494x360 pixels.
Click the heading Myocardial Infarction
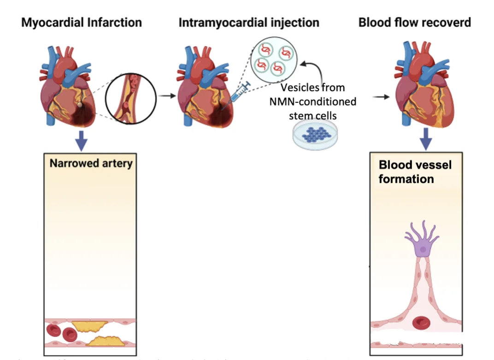pyautogui.click(x=82, y=22)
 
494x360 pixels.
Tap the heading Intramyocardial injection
pyautogui.click(x=249, y=22)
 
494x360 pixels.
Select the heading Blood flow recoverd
pyautogui.click(x=415, y=22)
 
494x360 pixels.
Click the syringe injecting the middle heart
pyautogui.click(x=238, y=93)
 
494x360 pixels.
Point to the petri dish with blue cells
pyautogui.click(x=312, y=136)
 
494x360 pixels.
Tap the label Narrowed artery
pyautogui.click(x=91, y=163)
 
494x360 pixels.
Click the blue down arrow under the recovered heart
pyautogui.click(x=426, y=138)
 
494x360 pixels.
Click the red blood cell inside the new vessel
pyautogui.click(x=421, y=322)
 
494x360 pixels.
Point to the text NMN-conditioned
pyautogui.click(x=312, y=101)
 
